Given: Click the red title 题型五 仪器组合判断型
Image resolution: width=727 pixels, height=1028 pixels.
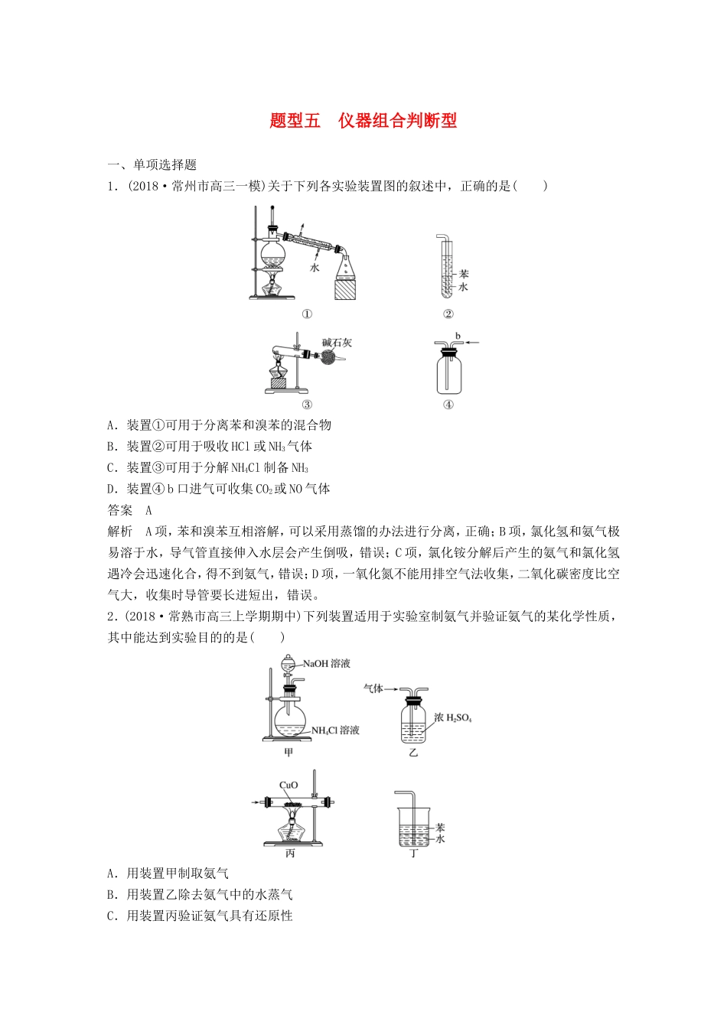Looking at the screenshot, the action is point(363,121).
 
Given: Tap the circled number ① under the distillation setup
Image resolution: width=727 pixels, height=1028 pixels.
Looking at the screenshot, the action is point(307,314).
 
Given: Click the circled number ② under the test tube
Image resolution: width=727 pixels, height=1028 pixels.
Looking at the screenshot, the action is point(448,314).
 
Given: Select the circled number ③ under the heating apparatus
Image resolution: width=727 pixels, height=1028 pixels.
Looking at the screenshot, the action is point(307,405).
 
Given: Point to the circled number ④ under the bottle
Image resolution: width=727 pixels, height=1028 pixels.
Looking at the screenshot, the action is point(448,405).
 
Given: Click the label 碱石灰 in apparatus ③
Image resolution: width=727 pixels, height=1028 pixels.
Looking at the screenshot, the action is point(337,343).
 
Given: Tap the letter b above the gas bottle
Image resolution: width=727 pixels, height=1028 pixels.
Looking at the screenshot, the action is point(458,336).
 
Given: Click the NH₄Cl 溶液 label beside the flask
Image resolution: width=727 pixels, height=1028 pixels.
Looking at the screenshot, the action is point(335,730).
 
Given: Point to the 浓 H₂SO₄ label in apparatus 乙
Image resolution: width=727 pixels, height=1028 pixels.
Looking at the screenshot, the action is point(453,718).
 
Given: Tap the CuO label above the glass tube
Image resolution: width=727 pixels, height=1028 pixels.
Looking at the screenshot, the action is point(289,786).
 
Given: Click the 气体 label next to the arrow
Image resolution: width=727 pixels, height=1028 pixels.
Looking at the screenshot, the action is point(373,688).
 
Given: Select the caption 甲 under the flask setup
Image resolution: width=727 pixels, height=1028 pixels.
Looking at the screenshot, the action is point(289,753).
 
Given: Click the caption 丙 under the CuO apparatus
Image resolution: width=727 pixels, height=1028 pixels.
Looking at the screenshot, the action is point(290,854).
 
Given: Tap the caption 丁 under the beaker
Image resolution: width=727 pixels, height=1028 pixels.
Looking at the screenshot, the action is point(413,854).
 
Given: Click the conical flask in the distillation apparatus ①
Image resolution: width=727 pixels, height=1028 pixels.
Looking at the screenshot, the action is point(346,267).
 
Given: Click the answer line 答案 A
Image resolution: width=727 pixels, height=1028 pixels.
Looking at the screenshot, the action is point(131,510).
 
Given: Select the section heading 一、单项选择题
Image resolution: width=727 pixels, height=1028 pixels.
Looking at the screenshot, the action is point(152,164).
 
